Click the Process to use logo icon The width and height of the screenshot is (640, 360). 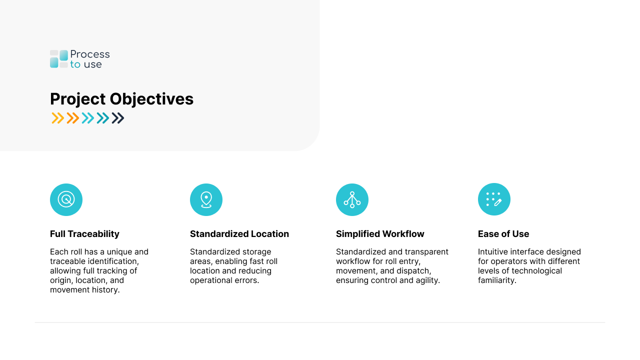(59, 59)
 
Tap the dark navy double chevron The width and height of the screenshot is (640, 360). (118, 118)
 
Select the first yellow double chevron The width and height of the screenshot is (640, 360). (58, 118)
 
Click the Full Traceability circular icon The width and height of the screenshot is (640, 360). (66, 199)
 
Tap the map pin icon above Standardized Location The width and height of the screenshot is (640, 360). (206, 199)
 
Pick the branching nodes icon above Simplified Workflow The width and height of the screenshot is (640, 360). (352, 199)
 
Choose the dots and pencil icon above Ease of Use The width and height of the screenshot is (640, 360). (494, 199)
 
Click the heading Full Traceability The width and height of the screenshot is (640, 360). (84, 234)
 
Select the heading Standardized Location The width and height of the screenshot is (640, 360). (239, 234)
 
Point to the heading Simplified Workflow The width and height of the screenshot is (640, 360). (380, 234)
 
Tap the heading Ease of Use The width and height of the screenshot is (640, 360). (503, 234)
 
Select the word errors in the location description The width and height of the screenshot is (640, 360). (246, 280)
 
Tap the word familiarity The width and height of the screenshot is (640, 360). (497, 280)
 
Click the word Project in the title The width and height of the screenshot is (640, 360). (77, 99)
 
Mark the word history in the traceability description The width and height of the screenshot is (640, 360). (105, 290)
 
